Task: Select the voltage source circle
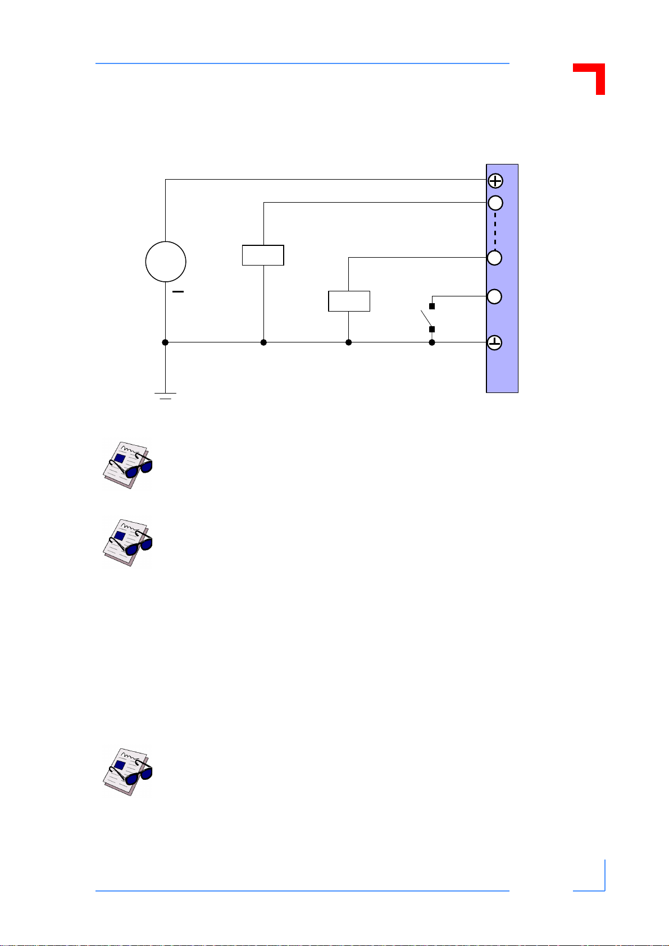click(166, 262)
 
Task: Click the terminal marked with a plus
click(495, 181)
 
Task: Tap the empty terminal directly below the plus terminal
click(495, 203)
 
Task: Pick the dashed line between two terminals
click(495, 230)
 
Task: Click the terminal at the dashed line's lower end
click(495, 258)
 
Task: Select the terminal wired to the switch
click(495, 296)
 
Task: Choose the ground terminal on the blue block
click(495, 342)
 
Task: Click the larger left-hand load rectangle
click(263, 255)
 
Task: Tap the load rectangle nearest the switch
click(349, 301)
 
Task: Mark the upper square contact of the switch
click(432, 307)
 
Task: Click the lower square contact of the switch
click(432, 330)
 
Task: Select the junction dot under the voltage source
click(165, 342)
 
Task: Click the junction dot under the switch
click(432, 342)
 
